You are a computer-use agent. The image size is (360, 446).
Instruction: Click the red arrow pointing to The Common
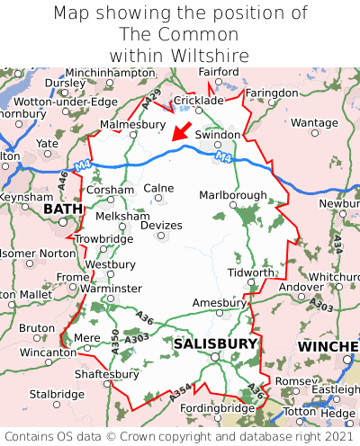tap(182, 131)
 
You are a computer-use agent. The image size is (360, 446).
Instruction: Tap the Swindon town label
tap(218, 135)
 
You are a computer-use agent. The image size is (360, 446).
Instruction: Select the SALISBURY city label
tap(215, 343)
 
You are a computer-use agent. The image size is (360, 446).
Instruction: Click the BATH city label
tap(62, 210)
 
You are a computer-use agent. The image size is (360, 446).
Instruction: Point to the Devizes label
tap(162, 225)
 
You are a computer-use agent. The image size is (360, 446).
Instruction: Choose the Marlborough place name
tap(232, 195)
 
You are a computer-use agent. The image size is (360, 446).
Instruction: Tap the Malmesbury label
tap(133, 124)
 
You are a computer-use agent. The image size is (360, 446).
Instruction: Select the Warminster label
tap(111, 289)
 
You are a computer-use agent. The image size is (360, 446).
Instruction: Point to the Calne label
tap(158, 188)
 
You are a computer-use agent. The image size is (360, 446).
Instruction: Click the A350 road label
tap(114, 338)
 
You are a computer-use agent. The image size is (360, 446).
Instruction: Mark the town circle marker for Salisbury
tap(215, 357)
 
